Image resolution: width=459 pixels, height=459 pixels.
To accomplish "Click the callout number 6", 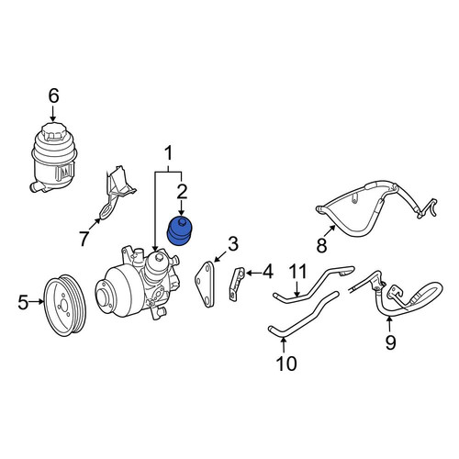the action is [x=53, y=96].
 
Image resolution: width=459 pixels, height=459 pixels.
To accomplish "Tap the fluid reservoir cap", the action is [x=53, y=131].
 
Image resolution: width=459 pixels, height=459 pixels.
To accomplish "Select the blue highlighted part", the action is [x=179, y=231].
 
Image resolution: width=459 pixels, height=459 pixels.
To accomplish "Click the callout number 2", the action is [x=182, y=192].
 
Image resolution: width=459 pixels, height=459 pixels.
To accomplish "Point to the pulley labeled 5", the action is [x=65, y=305].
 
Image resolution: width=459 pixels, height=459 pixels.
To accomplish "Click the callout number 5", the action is [x=23, y=302].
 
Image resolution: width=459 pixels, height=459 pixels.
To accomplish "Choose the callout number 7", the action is [x=84, y=238].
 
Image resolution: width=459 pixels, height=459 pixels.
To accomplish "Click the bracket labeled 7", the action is [x=116, y=192].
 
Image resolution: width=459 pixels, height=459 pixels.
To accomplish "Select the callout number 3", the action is [x=233, y=244].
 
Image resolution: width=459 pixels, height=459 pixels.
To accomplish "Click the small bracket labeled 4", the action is [x=237, y=284].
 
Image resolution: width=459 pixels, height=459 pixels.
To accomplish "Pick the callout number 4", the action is [x=268, y=272].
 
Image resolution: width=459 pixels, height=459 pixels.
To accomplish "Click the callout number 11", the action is [x=298, y=272].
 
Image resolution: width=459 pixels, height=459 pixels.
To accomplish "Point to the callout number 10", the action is [x=286, y=364].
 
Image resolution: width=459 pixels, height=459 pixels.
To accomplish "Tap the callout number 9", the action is [x=390, y=342].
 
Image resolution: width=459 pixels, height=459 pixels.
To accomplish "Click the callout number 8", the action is [x=321, y=245].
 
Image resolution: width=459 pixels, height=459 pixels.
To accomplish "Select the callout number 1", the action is [x=169, y=153].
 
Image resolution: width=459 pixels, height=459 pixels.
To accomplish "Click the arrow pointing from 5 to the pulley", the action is [x=37, y=302].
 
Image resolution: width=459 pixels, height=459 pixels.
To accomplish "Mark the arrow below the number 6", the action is [x=53, y=114].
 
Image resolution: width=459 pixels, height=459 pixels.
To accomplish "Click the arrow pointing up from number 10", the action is [x=284, y=345].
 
